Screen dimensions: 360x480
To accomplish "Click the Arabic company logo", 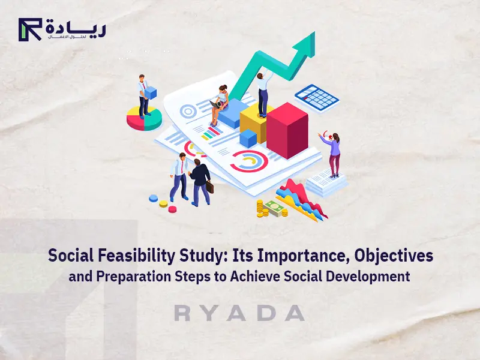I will click(x=62, y=29).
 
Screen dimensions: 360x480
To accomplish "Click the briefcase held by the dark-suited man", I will click(x=210, y=186).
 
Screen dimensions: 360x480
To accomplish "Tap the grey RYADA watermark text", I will click(x=239, y=313).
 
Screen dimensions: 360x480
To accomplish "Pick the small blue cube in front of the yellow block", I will click(x=248, y=139).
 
